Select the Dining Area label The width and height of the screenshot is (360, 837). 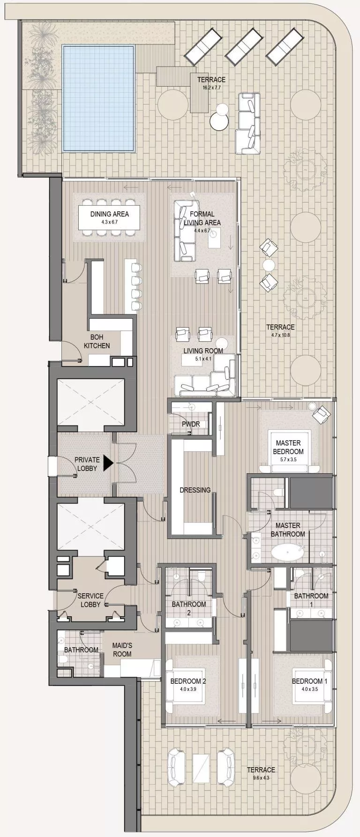click(109, 214)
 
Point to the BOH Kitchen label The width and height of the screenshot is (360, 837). click(97, 341)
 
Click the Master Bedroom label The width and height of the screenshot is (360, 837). click(288, 447)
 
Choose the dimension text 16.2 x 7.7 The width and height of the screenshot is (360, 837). click(211, 88)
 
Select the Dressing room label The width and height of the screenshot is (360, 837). click(195, 490)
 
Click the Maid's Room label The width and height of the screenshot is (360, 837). click(122, 650)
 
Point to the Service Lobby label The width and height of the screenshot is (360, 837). click(90, 600)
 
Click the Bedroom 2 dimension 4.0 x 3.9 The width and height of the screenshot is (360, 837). click(188, 689)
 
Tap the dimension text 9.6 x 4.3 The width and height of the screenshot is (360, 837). click(261, 778)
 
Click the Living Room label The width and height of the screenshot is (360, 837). click(202, 351)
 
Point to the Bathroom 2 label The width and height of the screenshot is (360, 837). click(188, 608)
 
